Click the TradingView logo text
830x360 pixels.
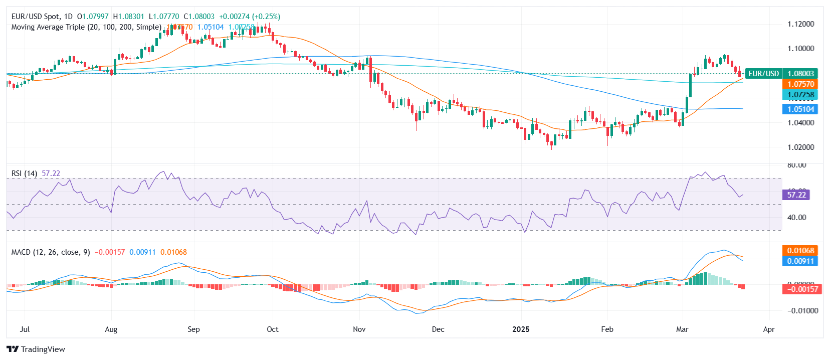click(43, 349)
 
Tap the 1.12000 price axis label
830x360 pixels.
click(800, 24)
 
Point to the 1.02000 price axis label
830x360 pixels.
click(800, 147)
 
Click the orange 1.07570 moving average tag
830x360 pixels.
click(800, 84)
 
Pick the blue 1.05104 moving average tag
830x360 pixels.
click(800, 109)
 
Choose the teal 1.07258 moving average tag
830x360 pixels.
click(800, 95)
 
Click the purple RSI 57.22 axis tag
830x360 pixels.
click(796, 195)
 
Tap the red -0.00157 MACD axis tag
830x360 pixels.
click(802, 289)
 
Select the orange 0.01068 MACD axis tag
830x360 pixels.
click(800, 251)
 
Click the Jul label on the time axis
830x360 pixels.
click(25, 329)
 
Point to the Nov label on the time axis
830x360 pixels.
click(359, 329)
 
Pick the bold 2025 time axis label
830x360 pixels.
click(521, 329)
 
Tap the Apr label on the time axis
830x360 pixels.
click(768, 329)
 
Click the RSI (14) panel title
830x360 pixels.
click(24, 173)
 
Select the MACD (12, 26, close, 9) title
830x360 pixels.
click(51, 252)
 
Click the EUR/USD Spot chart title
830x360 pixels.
click(42, 17)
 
